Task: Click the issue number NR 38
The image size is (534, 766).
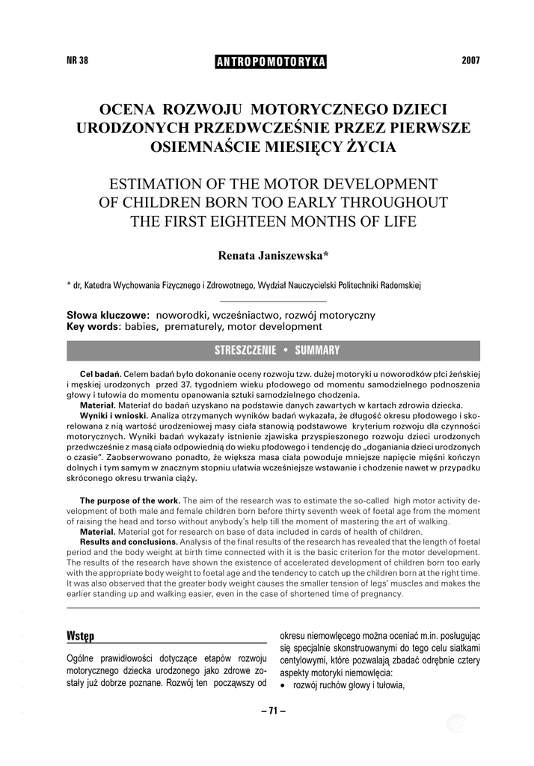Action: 78,61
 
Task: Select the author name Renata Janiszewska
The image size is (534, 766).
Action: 274,256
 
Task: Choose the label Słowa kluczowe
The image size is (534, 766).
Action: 108,316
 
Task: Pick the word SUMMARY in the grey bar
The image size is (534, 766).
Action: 317,350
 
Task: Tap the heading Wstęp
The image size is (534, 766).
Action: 80,636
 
